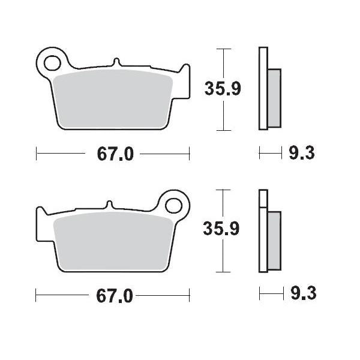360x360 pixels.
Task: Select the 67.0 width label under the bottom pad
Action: coord(114,295)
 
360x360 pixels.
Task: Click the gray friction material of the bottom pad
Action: coord(114,240)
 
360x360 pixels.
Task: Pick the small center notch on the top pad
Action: coord(117,62)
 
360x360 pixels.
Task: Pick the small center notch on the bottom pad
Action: coord(109,204)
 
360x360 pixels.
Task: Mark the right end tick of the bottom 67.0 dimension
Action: coord(190,295)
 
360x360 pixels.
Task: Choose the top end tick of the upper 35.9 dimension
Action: coord(223,49)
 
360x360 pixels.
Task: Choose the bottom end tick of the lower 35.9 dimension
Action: coord(223,271)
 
